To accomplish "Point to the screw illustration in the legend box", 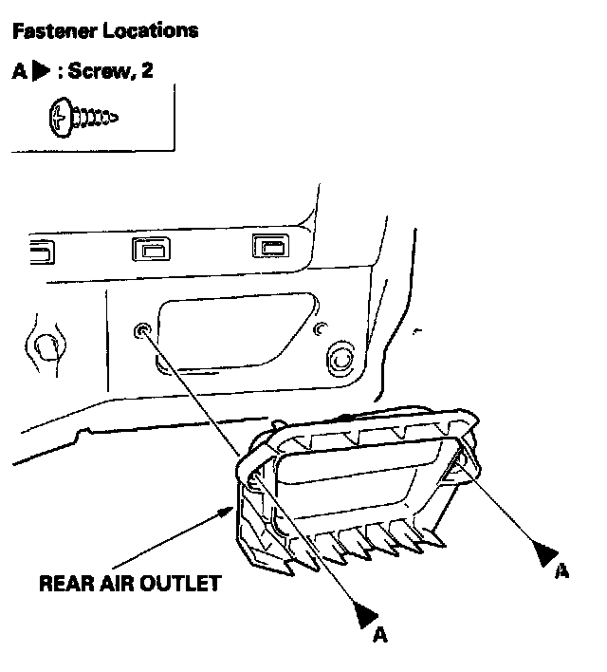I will point(81,117).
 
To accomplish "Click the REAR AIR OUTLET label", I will point(129,583).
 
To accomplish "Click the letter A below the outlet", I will point(379,634).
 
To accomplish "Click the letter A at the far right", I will point(561,570).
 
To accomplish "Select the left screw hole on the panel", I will point(142,330).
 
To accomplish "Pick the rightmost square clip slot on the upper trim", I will point(268,248).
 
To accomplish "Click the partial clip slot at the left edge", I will point(41,252).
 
